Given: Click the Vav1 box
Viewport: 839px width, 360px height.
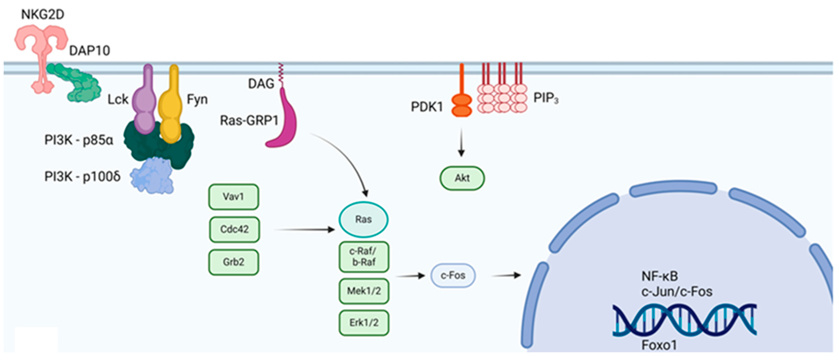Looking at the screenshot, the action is click(234, 197).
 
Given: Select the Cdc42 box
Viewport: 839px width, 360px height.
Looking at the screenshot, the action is click(234, 229).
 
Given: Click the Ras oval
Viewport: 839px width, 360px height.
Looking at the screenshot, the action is click(363, 219).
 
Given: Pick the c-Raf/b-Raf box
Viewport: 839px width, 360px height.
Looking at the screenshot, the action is click(364, 257).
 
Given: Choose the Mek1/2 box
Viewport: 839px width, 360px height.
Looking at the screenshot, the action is click(364, 291).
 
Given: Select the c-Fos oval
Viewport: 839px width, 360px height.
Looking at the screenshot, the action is click(453, 276).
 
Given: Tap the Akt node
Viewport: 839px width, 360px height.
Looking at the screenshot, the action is click(462, 178).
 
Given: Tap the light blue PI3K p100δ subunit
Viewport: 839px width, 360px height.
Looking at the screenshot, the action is click(152, 175).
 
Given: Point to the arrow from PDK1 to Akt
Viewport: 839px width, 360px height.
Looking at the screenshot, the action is click(461, 142).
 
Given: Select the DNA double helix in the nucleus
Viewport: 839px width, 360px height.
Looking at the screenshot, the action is click(685, 320).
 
